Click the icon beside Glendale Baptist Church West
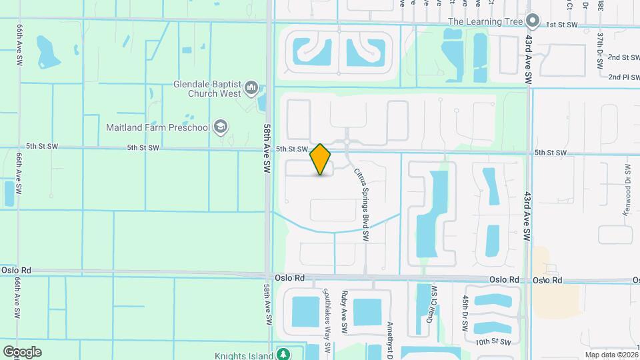pos(251,87)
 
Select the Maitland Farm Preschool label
pos(158,127)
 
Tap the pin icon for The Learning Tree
pos(532,21)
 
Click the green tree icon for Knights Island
pos(283,354)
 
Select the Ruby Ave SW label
pos(345,312)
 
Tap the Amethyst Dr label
pos(390,340)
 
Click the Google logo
pos(22,352)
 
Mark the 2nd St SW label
pos(623,58)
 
